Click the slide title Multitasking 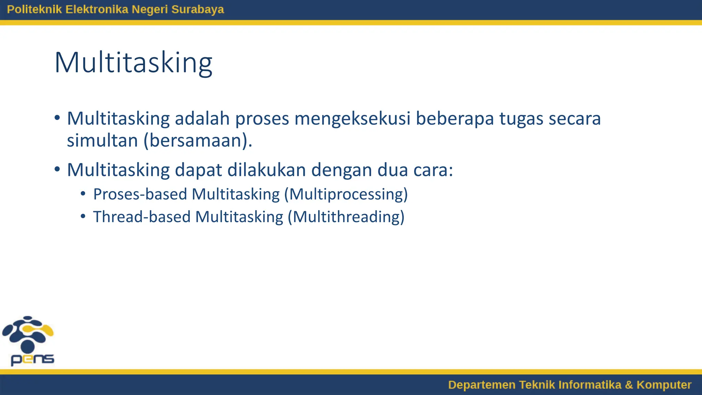(x=133, y=63)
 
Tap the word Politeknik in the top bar (x=34, y=9)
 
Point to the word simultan (x=102, y=141)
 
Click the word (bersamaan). (x=198, y=141)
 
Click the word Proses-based (x=140, y=194)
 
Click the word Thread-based (x=142, y=217)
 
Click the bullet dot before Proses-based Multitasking (x=83, y=194)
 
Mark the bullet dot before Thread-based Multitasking (x=83, y=217)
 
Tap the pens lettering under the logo (x=32, y=359)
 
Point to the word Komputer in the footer (x=664, y=385)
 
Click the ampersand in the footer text (x=629, y=385)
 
